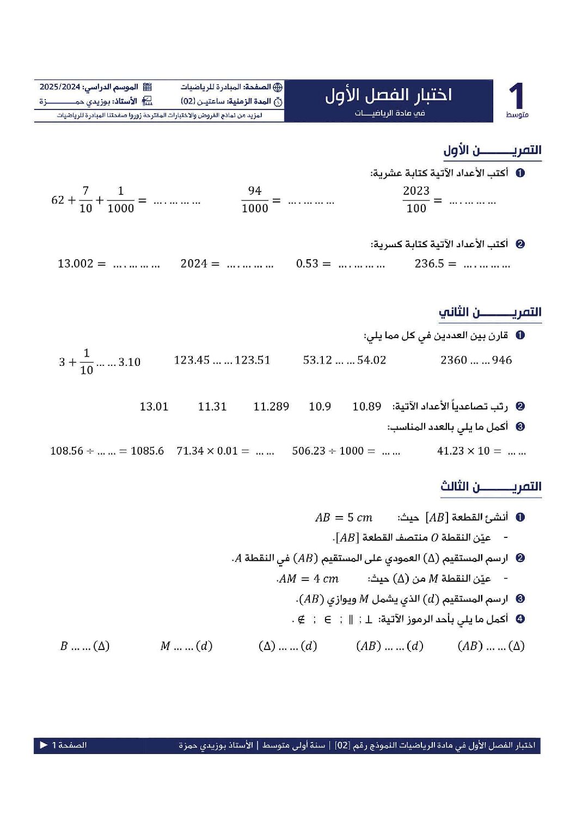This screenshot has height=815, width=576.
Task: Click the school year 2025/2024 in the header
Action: point(60,87)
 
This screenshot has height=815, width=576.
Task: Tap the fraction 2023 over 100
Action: point(416,199)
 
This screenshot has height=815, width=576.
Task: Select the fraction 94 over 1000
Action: point(255,199)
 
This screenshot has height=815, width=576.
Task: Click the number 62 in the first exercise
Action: point(58,200)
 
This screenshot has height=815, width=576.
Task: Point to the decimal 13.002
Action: point(76,264)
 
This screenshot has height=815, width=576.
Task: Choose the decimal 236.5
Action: point(430,264)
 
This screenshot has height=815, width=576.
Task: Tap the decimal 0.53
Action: point(307,264)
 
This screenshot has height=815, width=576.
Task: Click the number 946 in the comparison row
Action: point(502,360)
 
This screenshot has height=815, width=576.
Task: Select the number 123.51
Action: point(253,360)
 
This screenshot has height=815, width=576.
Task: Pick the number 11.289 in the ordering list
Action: point(271,407)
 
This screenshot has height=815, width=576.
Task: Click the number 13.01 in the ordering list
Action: point(154,407)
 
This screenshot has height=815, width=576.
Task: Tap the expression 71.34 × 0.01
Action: point(207,451)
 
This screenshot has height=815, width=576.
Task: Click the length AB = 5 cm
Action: point(344,517)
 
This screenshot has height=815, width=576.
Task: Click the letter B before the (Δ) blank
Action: point(64,646)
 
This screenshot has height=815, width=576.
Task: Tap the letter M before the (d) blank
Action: point(166,646)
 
